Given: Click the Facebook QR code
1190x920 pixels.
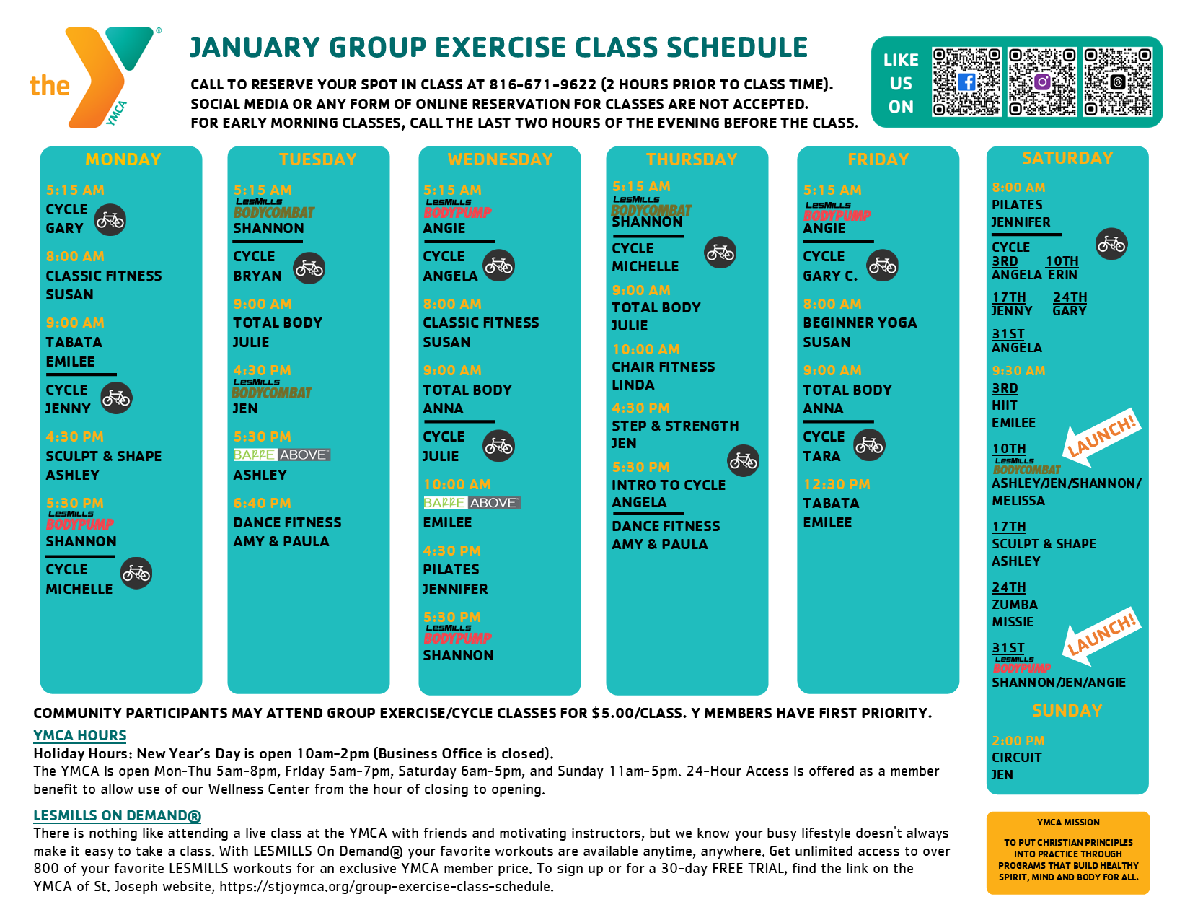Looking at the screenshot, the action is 966,82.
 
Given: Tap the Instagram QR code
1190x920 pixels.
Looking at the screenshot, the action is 1041,82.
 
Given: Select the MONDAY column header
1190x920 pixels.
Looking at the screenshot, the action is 123,159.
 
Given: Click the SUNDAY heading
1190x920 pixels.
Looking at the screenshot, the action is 1067,711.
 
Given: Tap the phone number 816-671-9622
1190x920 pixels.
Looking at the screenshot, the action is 542,84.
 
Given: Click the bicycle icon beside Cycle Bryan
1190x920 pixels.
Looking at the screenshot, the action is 309,268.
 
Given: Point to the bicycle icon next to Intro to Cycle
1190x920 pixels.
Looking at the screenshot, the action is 743,460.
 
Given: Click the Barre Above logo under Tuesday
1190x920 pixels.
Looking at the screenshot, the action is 281,455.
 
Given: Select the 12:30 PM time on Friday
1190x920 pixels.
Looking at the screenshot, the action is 837,484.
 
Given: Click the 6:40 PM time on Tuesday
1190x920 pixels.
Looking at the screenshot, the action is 263,503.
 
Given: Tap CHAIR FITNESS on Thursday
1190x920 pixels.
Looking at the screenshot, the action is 664,367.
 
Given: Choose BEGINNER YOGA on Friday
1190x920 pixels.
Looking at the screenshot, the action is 860,323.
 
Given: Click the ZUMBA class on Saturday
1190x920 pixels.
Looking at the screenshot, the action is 1015,605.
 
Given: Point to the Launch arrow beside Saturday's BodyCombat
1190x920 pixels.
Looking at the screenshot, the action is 1101,439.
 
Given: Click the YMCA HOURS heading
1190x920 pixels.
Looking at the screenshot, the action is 80,735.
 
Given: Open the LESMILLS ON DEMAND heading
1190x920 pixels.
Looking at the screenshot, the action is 117,815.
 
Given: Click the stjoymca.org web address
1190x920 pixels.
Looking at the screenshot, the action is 387,887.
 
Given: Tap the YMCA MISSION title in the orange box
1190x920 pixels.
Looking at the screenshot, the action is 1068,822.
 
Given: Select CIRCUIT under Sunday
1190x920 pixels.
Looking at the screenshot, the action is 1016,757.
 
